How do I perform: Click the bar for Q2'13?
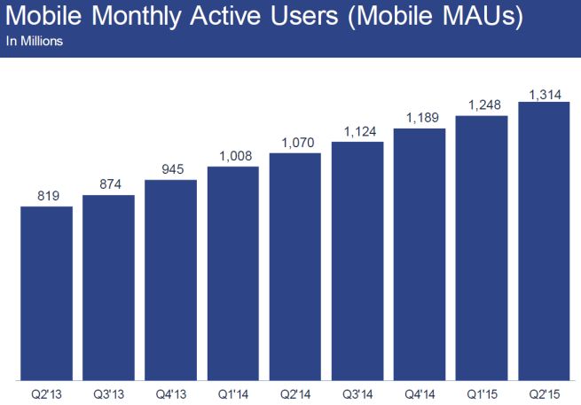(46, 292)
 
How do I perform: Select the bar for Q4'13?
(170, 280)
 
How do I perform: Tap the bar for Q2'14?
(294, 266)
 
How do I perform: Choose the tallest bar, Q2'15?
(543, 239)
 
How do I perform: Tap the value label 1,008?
(232, 156)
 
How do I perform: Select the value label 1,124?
(357, 131)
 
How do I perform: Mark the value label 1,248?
(481, 105)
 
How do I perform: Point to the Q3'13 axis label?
(108, 392)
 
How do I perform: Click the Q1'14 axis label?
(232, 392)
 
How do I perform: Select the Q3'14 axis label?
(357, 392)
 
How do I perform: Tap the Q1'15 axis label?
(481, 392)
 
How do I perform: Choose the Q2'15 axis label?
(543, 392)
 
